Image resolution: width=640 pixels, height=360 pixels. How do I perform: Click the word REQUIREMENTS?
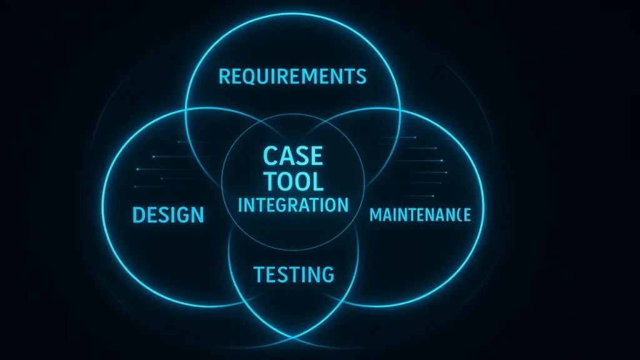pyautogui.click(x=292, y=77)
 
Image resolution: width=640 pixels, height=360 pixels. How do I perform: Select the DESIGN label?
pyautogui.click(x=168, y=215)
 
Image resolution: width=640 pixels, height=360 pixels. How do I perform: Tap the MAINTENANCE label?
pyautogui.click(x=420, y=215)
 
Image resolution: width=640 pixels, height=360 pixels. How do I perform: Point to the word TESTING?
pyautogui.click(x=293, y=274)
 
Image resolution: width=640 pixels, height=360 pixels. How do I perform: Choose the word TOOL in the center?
pyautogui.click(x=293, y=181)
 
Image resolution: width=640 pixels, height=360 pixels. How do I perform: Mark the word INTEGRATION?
pyautogui.click(x=293, y=204)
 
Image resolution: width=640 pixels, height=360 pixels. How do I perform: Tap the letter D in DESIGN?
pyautogui.click(x=139, y=215)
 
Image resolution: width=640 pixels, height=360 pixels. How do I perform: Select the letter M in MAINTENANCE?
pyautogui.click(x=375, y=215)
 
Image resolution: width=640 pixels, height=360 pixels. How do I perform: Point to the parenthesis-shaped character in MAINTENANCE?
pyautogui.click(x=459, y=215)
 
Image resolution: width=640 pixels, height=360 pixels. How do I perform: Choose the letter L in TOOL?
pyautogui.click(x=317, y=181)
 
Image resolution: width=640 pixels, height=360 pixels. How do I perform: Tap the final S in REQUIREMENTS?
pyautogui.click(x=360, y=77)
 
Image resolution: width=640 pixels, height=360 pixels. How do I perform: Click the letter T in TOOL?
pyautogui.click(x=270, y=181)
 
